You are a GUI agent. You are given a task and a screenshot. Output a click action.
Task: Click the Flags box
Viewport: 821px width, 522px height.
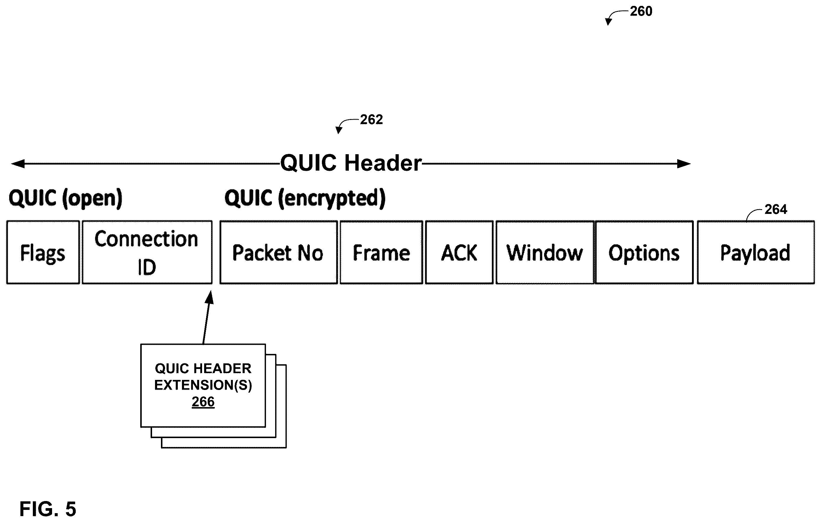pyautogui.click(x=43, y=252)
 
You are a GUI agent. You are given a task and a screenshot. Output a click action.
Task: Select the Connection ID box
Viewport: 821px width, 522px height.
pyautogui.click(x=147, y=252)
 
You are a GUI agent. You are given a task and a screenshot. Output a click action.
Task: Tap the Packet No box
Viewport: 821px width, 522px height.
pyautogui.click(x=279, y=252)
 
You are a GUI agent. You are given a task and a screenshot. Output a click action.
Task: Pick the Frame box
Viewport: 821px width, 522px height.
pyautogui.click(x=381, y=252)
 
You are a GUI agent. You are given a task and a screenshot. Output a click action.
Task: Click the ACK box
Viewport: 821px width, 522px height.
pyautogui.click(x=459, y=252)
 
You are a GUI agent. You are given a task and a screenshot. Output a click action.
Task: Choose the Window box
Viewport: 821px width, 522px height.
pyautogui.click(x=545, y=252)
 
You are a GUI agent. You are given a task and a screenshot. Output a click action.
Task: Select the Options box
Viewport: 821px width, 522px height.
pyautogui.click(x=644, y=252)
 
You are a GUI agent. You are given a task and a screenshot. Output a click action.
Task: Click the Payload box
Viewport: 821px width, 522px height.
pyautogui.click(x=756, y=252)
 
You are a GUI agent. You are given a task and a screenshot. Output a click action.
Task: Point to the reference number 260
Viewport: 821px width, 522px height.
pyautogui.click(x=641, y=12)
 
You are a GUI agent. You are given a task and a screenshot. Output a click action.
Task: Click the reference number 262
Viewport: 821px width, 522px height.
pyautogui.click(x=371, y=120)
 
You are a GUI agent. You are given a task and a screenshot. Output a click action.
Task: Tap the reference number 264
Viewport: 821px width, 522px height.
pyautogui.click(x=776, y=209)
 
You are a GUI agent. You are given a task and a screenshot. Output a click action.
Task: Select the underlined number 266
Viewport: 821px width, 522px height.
pyautogui.click(x=203, y=402)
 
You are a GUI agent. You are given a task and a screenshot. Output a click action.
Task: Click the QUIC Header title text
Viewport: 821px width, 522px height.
pyautogui.click(x=351, y=163)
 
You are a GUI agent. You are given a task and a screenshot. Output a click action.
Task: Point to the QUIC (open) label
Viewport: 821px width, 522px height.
pyautogui.click(x=65, y=198)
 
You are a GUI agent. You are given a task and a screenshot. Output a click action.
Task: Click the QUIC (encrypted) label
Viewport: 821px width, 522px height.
pyautogui.click(x=305, y=198)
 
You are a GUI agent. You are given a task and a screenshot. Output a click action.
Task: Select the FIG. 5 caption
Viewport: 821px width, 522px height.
pyautogui.click(x=48, y=509)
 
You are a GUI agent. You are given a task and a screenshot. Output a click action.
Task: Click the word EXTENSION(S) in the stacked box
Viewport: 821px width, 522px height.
pyautogui.click(x=203, y=385)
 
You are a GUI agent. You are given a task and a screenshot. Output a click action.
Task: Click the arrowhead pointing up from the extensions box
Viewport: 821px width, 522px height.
pyautogui.click(x=210, y=297)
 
